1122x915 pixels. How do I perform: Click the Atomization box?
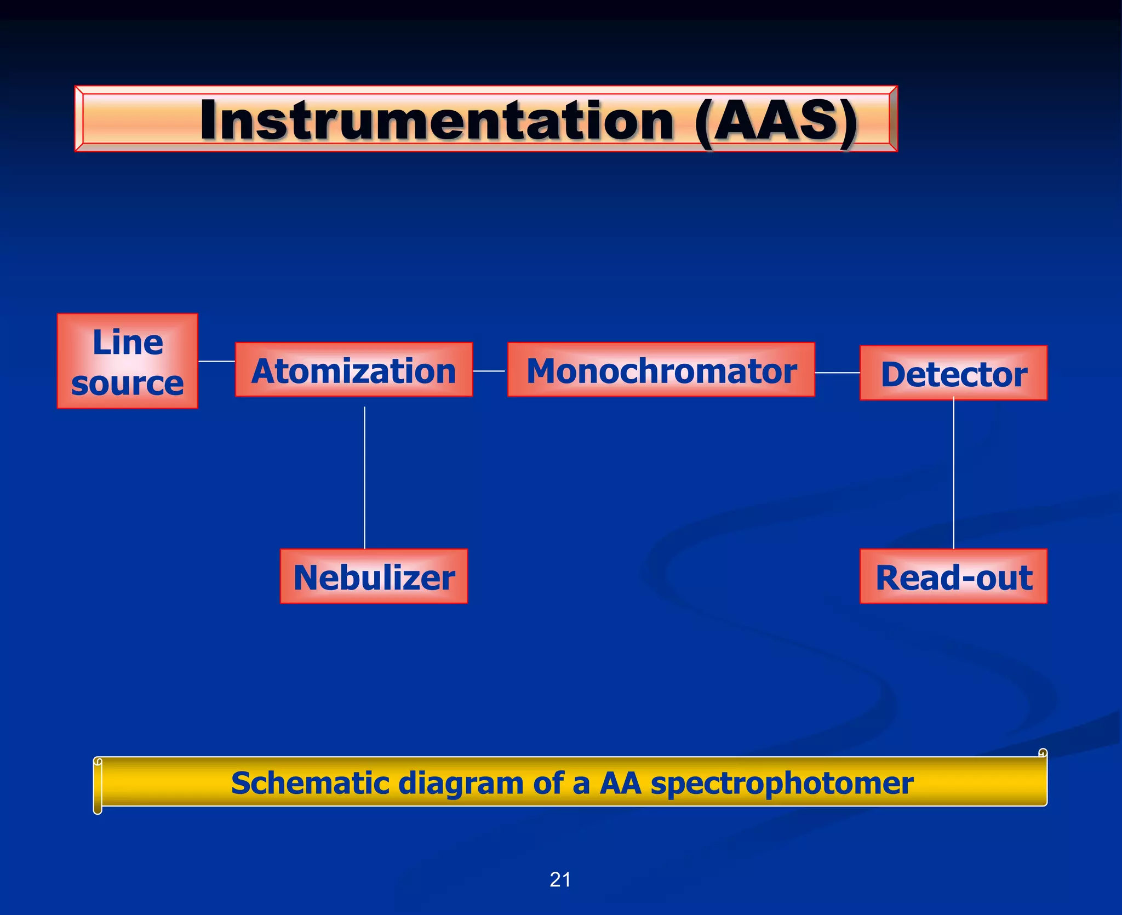point(353,370)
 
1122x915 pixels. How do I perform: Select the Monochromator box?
point(661,370)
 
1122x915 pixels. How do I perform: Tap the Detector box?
point(953,373)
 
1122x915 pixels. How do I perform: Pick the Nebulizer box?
point(374,576)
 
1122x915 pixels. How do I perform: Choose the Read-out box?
point(953,576)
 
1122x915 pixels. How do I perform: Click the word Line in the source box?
point(128,342)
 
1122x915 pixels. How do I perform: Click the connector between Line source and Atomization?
point(216,361)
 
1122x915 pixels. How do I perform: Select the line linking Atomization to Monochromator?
point(489,371)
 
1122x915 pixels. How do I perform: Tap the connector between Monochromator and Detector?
point(837,373)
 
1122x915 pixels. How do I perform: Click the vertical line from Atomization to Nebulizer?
point(364,477)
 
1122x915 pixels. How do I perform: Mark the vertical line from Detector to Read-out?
point(954,474)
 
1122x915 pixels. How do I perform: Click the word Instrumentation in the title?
point(437,121)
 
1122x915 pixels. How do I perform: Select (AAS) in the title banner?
point(775,121)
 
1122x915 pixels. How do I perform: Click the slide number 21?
point(560,880)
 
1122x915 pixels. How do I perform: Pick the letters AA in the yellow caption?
point(620,782)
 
